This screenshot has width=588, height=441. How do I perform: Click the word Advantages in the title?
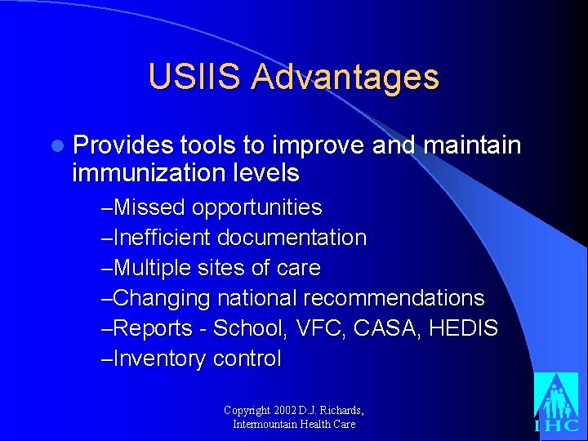(345, 78)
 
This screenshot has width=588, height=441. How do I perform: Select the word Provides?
(122, 145)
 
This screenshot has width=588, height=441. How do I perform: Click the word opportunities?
(257, 207)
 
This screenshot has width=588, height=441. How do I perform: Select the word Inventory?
(160, 359)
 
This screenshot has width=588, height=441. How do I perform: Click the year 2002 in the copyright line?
(287, 410)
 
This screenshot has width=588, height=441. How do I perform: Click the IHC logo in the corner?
(556, 403)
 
